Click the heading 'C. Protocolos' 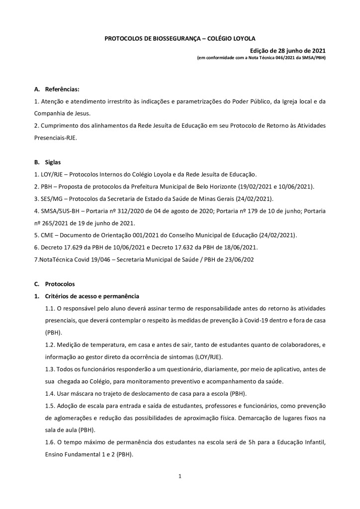(x=55, y=284)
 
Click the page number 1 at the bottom (x=180, y=477)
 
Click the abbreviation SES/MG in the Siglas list (x=50, y=199)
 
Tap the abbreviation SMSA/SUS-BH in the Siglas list (x=58, y=211)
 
